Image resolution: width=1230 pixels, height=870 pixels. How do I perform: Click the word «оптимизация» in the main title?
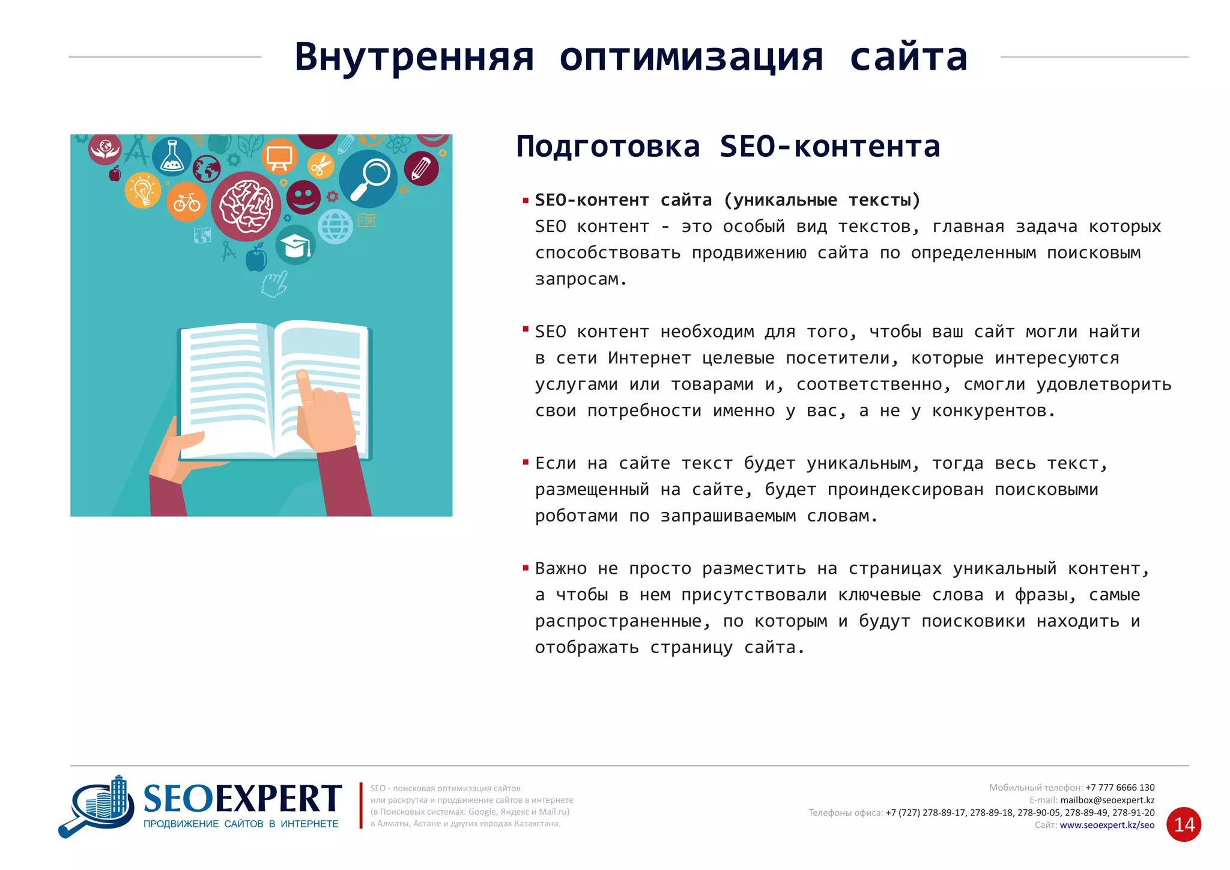691,58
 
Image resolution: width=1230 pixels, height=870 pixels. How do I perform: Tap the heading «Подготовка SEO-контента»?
727,147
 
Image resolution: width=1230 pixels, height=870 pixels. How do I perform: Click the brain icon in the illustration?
246,206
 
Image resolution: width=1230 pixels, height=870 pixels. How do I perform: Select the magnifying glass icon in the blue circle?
369,178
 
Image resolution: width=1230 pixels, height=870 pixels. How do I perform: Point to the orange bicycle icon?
187,202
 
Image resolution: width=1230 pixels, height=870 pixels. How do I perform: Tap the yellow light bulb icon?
143,191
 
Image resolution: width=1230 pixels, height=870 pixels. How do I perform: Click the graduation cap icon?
295,245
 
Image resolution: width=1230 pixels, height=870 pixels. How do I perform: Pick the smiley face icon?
303,196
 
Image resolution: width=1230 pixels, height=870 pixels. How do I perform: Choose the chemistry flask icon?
172,156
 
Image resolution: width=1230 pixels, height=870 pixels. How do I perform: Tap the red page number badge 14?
1184,824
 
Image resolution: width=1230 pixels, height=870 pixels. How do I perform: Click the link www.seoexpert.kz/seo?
1107,825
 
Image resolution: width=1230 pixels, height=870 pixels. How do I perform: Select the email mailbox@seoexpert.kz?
1107,800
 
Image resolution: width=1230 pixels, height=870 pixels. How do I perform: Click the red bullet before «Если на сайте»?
526,462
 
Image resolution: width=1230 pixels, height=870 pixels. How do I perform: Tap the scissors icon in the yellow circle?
321,166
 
